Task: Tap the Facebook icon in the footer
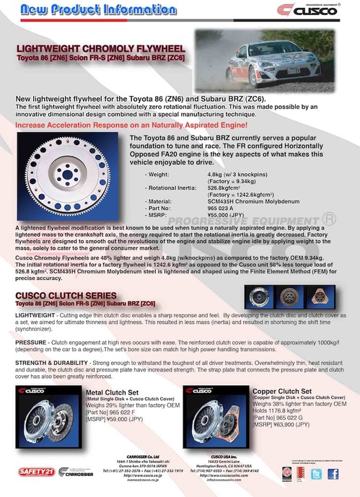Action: pyautogui.click(x=332, y=473)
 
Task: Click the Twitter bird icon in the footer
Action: pyautogui.click(x=315, y=473)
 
